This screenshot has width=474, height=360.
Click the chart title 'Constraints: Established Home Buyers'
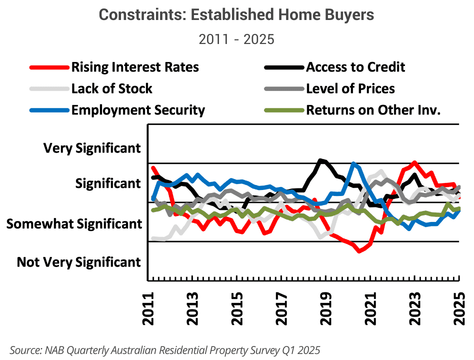(236, 15)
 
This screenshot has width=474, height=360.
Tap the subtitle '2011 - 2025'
(236, 39)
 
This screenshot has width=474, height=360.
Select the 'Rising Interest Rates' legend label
(135, 67)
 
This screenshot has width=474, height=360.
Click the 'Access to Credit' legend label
(355, 67)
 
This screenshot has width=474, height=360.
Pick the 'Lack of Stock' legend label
(112, 88)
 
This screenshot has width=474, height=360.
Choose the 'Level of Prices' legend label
(350, 88)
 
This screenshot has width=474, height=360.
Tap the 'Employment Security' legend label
(138, 110)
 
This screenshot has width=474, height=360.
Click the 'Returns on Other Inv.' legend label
(373, 110)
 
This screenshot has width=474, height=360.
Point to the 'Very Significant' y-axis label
(92, 148)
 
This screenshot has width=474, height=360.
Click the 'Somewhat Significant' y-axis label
(74, 223)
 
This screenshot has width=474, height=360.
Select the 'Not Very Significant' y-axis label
(79, 262)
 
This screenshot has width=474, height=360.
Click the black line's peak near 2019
(321, 160)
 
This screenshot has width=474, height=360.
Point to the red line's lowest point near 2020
(359, 251)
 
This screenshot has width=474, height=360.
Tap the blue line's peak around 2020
(354, 164)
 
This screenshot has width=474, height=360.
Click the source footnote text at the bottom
(165, 349)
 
